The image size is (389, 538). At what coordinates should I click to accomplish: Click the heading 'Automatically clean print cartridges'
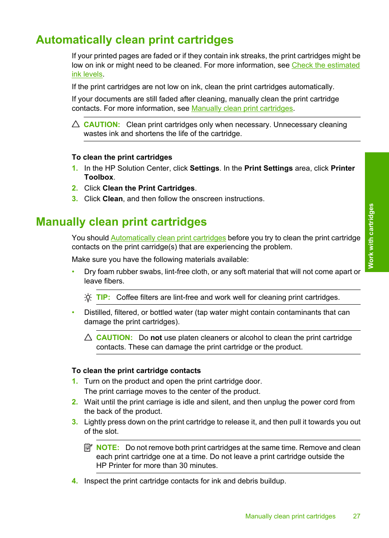point(135,40)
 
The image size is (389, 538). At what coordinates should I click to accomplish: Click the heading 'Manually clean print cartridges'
point(121,222)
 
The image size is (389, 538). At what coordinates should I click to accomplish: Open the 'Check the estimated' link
point(325,65)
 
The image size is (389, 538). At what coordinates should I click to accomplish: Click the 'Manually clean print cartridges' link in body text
point(242,108)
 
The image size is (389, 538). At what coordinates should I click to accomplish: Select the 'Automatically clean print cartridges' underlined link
point(168,238)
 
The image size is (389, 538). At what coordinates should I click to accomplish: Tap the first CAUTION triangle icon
point(76,124)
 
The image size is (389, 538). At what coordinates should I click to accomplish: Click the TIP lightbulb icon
point(88,298)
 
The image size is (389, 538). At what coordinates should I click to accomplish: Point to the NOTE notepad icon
point(88,448)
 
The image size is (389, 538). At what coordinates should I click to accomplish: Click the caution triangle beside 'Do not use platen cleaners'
point(88,338)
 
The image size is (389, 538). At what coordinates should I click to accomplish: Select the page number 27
point(356,516)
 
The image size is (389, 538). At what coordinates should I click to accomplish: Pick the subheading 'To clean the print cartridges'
point(122,157)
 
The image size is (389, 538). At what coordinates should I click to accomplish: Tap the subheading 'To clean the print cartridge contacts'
point(136,371)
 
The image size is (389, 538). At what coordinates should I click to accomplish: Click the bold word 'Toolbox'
point(99,178)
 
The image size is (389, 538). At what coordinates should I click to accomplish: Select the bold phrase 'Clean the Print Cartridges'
point(148,188)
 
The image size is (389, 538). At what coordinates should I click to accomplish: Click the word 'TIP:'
point(103,297)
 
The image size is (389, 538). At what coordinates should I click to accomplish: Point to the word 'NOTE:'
point(108,448)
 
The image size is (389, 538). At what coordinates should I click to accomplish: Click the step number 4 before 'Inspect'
point(75,481)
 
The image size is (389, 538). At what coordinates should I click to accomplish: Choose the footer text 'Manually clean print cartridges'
point(290,516)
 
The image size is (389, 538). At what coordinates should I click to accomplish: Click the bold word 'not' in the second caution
point(156,338)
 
